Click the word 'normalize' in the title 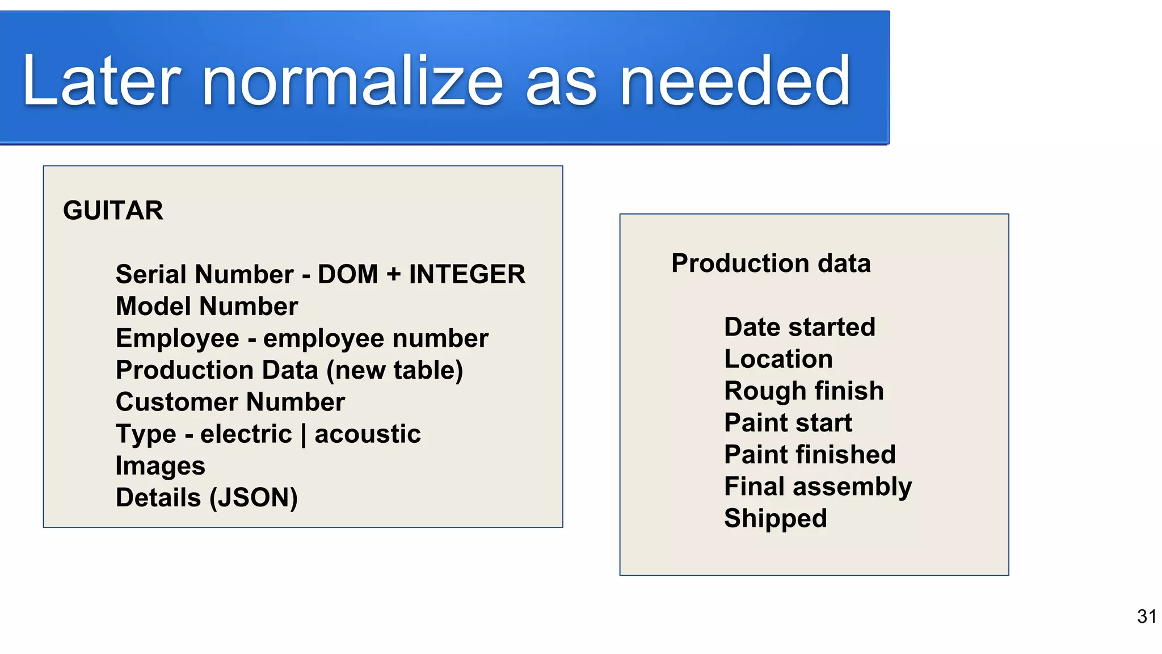click(352, 81)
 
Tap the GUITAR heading click(113, 211)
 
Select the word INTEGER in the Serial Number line click(467, 274)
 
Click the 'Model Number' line click(207, 307)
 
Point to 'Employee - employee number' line click(301, 338)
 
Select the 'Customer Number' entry click(230, 402)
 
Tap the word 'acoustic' click(368, 434)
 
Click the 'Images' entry click(160, 466)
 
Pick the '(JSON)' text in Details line click(253, 498)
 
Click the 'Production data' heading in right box click(771, 263)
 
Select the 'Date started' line click(799, 328)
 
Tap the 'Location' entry click(778, 359)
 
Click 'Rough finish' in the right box click(804, 391)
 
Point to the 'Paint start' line click(788, 423)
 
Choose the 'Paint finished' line click(810, 455)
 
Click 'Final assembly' click(818, 487)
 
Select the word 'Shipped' click(775, 518)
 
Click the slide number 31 click(1147, 617)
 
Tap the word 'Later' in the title click(101, 81)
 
